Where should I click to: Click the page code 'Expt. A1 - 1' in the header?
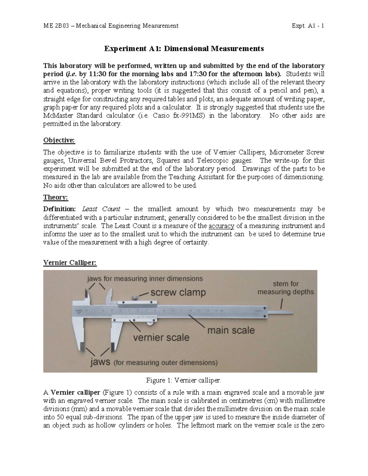click(309, 26)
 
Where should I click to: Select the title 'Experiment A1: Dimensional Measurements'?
click(184, 48)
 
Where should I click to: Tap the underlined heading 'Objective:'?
click(59, 140)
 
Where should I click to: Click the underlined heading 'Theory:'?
click(56, 197)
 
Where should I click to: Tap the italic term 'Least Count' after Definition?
click(101, 209)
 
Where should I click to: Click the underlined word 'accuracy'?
click(221, 226)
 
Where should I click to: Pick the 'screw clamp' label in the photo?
click(178, 292)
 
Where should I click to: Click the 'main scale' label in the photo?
click(231, 330)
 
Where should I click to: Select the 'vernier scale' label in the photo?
click(161, 337)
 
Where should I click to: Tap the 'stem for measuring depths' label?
click(286, 288)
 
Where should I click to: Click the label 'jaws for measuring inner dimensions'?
click(145, 279)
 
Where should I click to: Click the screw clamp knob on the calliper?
click(134, 297)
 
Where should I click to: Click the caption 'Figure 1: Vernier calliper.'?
click(183, 380)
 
